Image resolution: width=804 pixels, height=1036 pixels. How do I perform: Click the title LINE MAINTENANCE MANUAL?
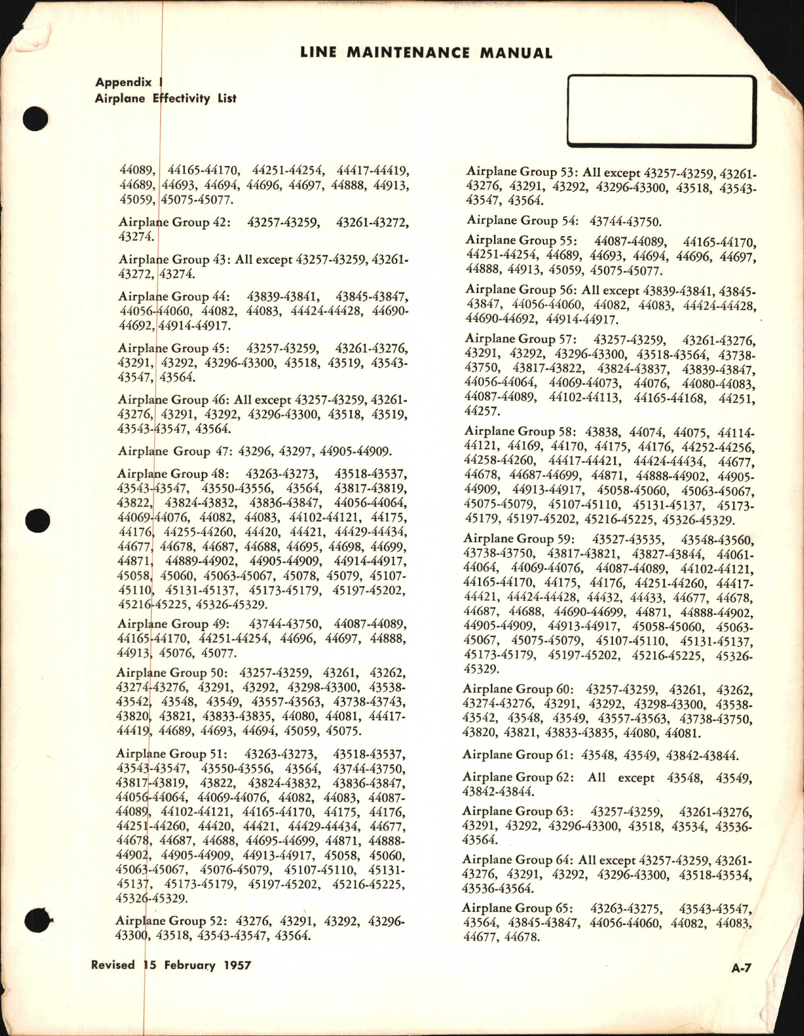(426, 53)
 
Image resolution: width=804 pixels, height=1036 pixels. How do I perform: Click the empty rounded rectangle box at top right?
(662, 111)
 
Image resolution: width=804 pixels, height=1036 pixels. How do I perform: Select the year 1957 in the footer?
(234, 965)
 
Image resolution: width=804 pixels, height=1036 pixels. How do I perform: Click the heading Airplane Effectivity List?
(165, 98)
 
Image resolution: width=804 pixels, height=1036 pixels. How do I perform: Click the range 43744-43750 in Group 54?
(625, 221)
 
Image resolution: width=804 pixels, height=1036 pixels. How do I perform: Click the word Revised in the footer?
(113, 965)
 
